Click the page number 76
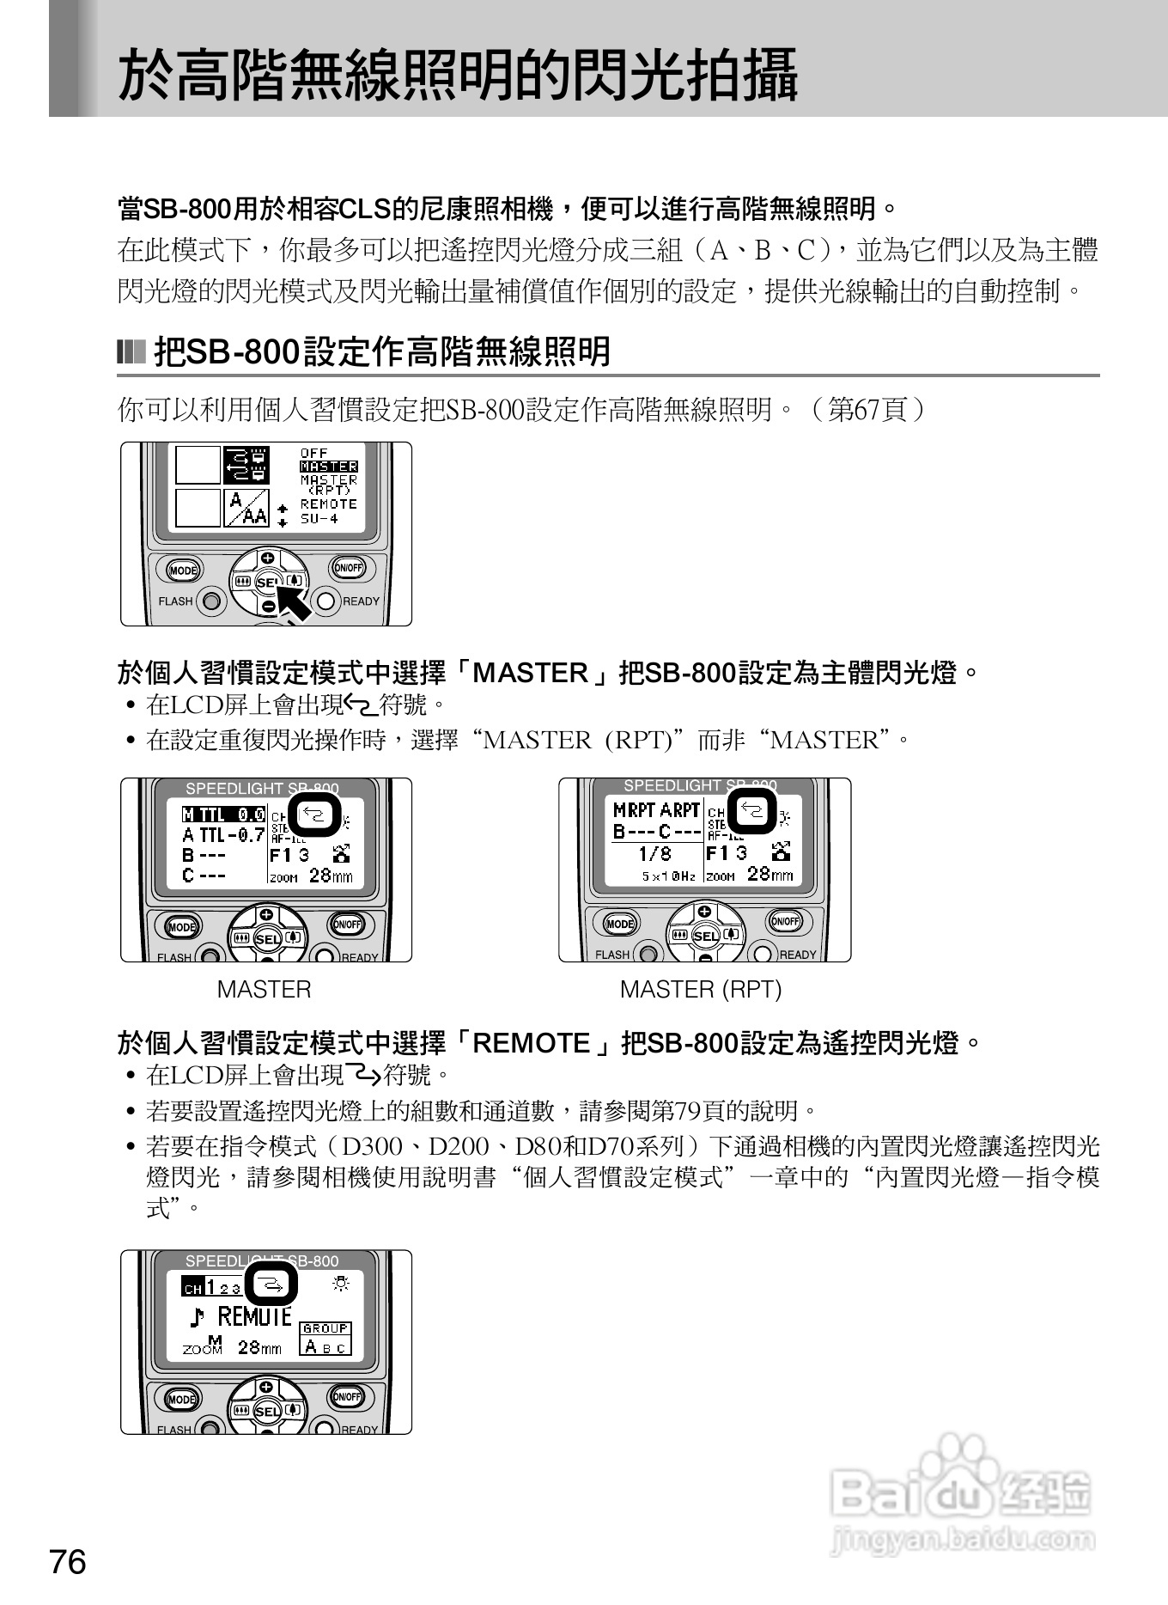click(x=69, y=1561)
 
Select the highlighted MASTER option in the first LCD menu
click(x=328, y=467)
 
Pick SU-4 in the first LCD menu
click(x=319, y=519)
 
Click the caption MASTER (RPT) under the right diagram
click(x=700, y=990)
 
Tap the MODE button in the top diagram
click(x=183, y=570)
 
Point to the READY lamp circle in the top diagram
click(x=325, y=601)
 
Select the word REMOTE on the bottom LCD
click(x=254, y=1316)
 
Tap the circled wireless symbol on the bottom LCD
click(x=271, y=1286)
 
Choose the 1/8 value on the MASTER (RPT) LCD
click(x=654, y=854)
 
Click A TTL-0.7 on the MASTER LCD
click(x=222, y=834)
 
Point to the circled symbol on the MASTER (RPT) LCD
click(x=752, y=809)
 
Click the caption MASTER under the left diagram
click(x=264, y=990)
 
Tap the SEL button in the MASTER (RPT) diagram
click(x=705, y=936)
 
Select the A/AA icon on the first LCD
click(x=246, y=508)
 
